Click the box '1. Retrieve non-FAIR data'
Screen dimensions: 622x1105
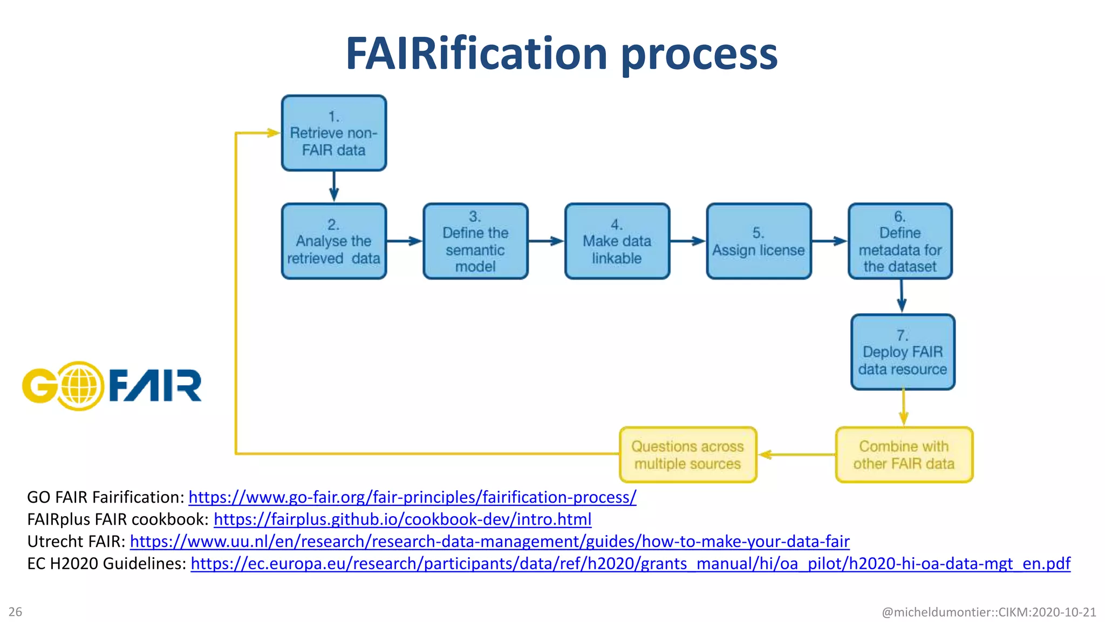click(333, 133)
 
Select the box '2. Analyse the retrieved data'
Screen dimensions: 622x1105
click(333, 241)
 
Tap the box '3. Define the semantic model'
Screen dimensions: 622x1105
click(475, 241)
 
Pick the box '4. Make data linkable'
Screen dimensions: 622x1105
click(617, 241)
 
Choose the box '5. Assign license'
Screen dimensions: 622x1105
click(759, 241)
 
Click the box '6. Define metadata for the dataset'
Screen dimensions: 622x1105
click(900, 241)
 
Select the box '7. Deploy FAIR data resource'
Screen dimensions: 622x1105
click(903, 352)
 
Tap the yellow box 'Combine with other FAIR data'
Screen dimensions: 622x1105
click(904, 455)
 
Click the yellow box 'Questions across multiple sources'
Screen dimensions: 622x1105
click(687, 455)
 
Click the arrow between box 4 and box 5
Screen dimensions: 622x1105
click(688, 241)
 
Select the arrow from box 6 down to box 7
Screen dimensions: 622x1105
click(902, 296)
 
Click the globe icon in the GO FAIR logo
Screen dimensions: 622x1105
click(79, 386)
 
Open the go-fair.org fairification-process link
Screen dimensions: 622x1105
click(412, 497)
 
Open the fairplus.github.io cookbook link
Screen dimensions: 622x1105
click(403, 519)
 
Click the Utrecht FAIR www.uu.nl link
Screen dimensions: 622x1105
click(489, 541)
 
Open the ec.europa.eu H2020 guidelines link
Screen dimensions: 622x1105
click(630, 563)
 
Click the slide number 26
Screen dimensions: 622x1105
click(15, 612)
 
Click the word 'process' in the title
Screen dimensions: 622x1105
click(699, 54)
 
